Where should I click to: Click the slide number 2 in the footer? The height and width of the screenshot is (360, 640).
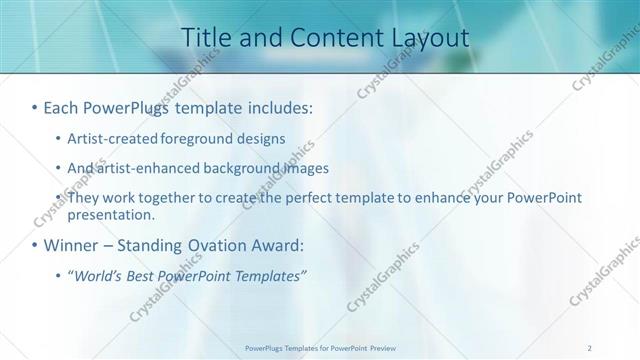pos(590,347)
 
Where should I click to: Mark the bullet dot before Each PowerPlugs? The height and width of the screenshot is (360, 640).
pos(34,106)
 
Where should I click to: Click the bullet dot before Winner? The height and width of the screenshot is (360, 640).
pos(34,245)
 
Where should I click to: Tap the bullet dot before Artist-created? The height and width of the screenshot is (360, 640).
pos(58,138)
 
